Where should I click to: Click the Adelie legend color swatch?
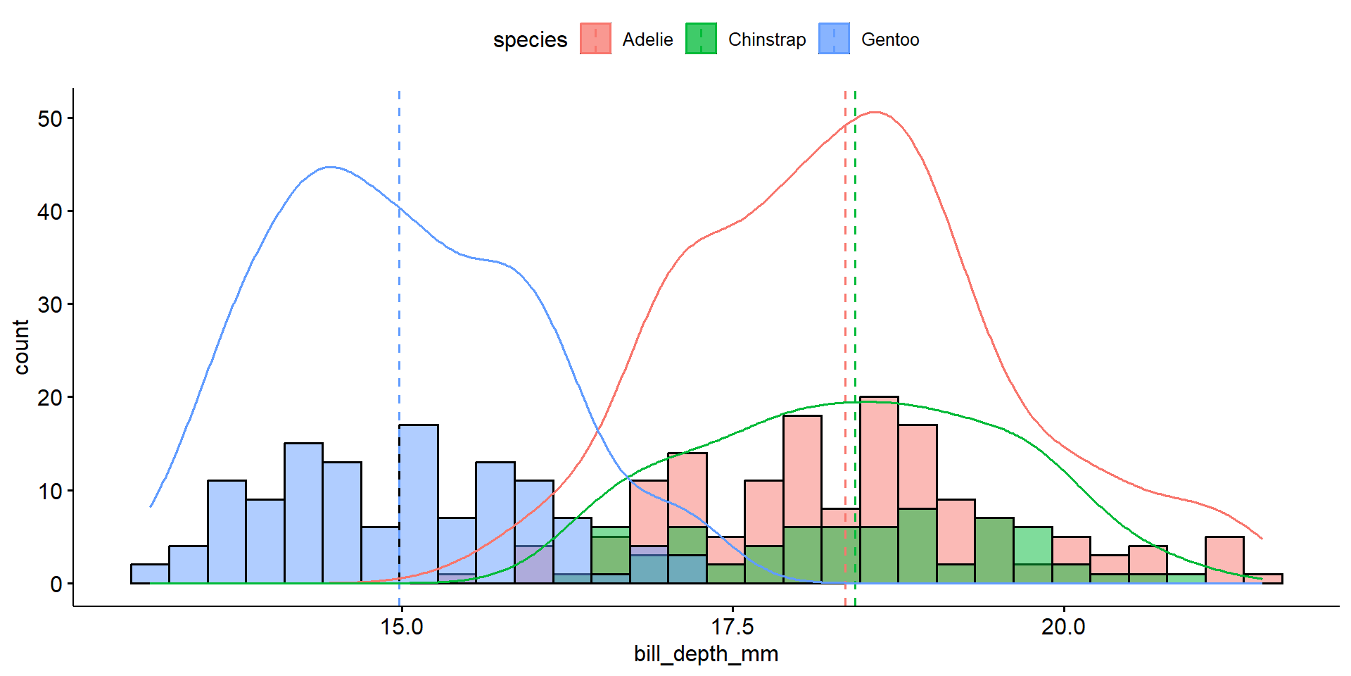(595, 39)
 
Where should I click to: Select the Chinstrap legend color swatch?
(701, 39)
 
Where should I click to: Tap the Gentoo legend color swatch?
(834, 39)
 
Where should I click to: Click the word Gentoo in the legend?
(890, 40)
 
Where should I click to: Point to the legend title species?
(530, 40)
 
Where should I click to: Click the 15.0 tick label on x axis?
(401, 627)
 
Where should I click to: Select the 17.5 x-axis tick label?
(732, 627)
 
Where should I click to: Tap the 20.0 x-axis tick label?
(1063, 627)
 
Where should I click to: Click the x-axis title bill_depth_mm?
(706, 654)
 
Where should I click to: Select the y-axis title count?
(21, 346)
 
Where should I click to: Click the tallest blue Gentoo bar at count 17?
(419, 503)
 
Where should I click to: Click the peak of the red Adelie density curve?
(875, 112)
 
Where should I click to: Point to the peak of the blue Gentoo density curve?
(331, 167)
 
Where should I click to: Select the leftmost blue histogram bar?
(150, 574)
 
